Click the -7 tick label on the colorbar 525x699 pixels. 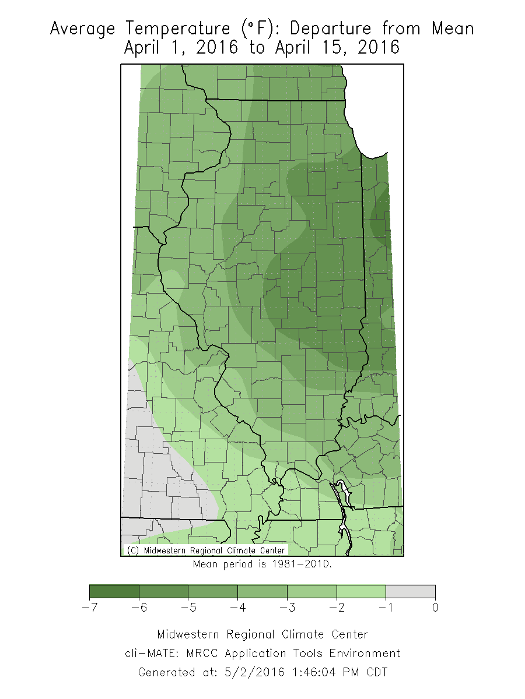click(x=89, y=608)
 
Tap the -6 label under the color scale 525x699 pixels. click(x=138, y=608)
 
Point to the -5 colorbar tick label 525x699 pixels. click(x=188, y=608)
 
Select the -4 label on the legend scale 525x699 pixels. click(x=237, y=608)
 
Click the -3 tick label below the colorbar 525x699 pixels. click(x=286, y=608)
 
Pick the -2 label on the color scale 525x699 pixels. click(x=336, y=608)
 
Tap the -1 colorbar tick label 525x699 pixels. click(x=385, y=608)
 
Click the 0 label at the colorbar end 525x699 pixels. click(x=435, y=608)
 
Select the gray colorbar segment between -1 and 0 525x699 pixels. click(x=410, y=592)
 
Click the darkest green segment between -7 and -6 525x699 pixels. click(x=114, y=592)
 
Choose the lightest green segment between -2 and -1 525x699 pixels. click(x=361, y=592)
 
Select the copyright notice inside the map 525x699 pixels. click(x=206, y=550)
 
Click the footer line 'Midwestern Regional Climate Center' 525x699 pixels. click(x=262, y=634)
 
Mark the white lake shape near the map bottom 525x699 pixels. click(x=345, y=495)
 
